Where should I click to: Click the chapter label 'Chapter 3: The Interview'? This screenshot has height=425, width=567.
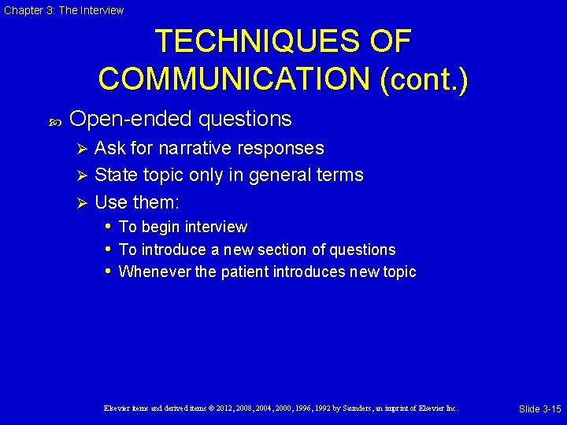(64, 10)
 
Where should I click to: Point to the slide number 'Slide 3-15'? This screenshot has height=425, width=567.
(539, 408)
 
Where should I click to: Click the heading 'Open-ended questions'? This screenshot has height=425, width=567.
(180, 119)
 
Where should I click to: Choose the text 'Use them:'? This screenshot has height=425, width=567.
(137, 202)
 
